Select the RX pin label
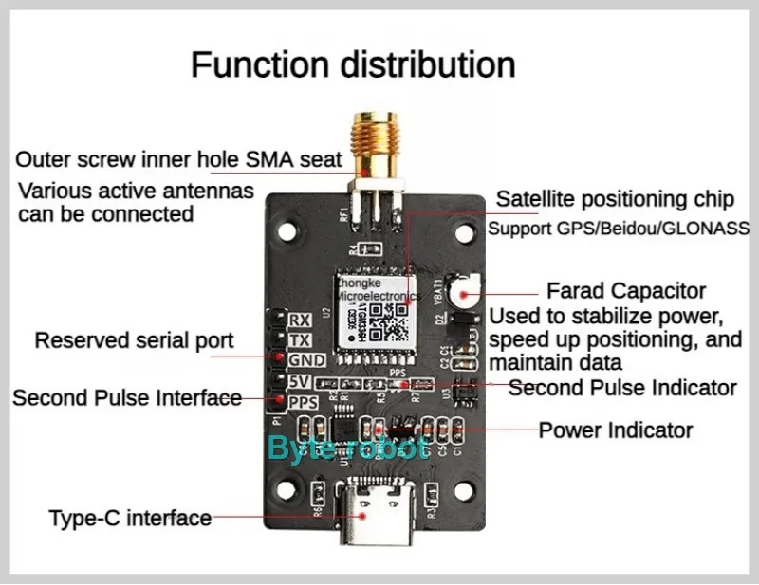coord(301,319)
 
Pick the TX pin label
coord(301,339)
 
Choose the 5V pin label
coord(301,381)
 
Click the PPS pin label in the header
coord(303,403)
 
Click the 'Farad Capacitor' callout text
coord(626,290)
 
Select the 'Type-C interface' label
coord(130,518)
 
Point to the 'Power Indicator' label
coord(616,430)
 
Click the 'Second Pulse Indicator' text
coord(622,388)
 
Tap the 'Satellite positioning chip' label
coord(615,199)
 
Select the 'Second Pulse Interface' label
coord(127,398)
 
